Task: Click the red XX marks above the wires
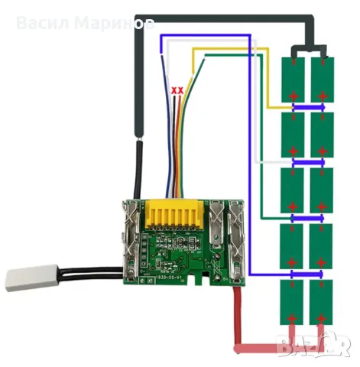[x=178, y=90]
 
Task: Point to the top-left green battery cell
[x=294, y=80]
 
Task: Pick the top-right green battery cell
[x=322, y=80]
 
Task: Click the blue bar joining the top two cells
[x=307, y=109]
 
